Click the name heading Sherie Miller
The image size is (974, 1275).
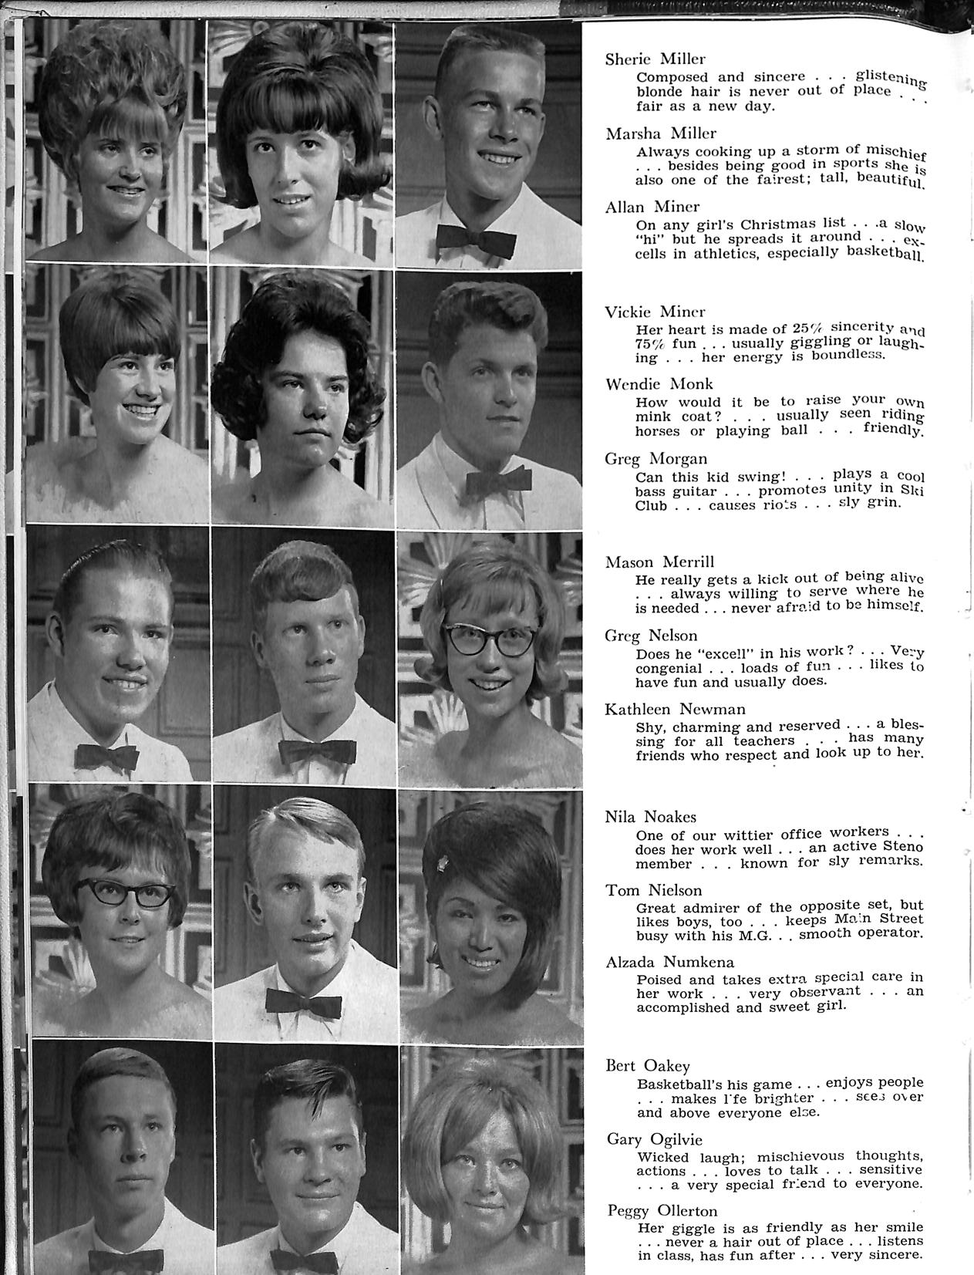click(x=655, y=59)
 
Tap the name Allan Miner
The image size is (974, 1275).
click(x=652, y=207)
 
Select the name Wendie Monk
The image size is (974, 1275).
click(x=659, y=384)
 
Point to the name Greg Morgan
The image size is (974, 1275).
click(x=656, y=459)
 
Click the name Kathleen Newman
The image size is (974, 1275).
click(x=675, y=709)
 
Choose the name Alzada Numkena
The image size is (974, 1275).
click(x=669, y=962)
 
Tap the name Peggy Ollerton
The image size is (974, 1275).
click(x=662, y=1210)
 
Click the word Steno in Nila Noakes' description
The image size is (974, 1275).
click(x=903, y=848)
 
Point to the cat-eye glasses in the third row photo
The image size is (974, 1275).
click(x=490, y=639)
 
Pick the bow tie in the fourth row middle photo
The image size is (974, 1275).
click(x=303, y=1003)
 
